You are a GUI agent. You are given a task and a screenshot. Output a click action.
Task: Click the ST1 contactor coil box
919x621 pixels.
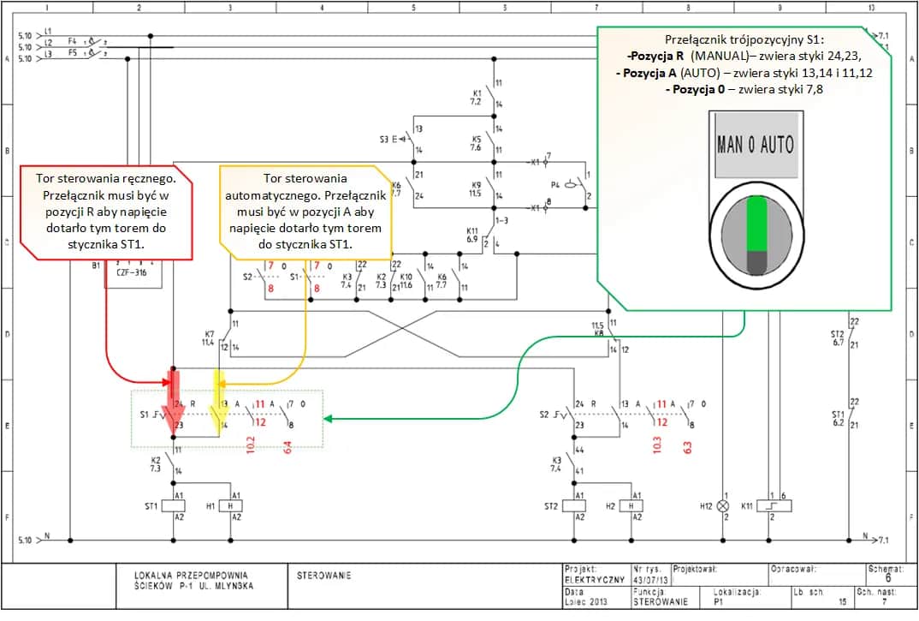174,506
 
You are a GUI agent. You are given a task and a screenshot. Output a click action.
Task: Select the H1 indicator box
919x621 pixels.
230,506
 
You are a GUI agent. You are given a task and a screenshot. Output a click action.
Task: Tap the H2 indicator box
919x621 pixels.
634,506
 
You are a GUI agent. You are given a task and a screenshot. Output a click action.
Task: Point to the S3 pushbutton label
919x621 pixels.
384,139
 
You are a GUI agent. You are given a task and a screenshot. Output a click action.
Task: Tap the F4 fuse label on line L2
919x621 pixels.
73,40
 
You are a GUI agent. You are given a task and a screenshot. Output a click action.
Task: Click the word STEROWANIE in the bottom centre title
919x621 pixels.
323,576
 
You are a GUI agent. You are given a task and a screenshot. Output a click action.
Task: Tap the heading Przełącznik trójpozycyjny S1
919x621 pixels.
744,40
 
